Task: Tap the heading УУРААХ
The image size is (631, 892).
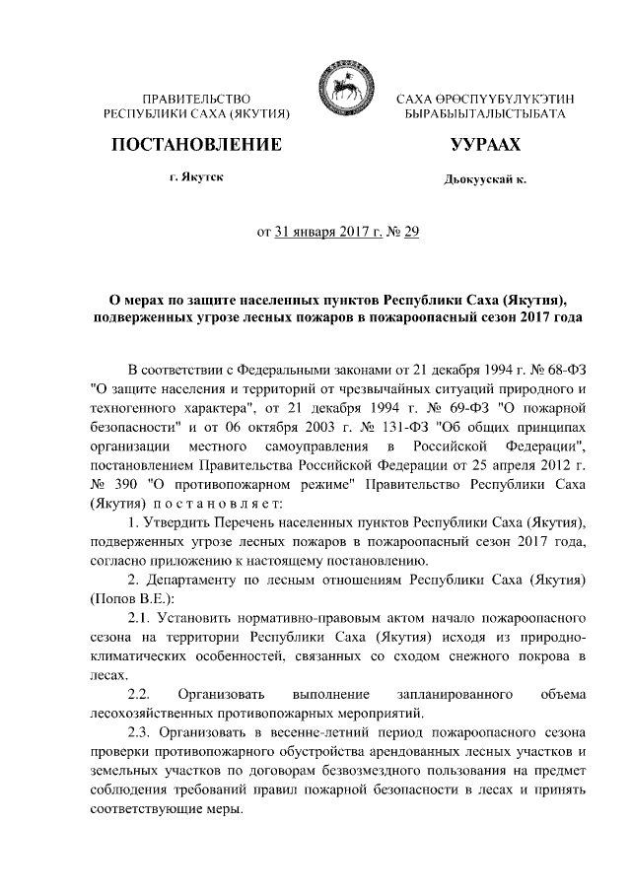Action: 484,145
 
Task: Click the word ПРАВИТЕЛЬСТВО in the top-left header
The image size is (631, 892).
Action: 197,100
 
